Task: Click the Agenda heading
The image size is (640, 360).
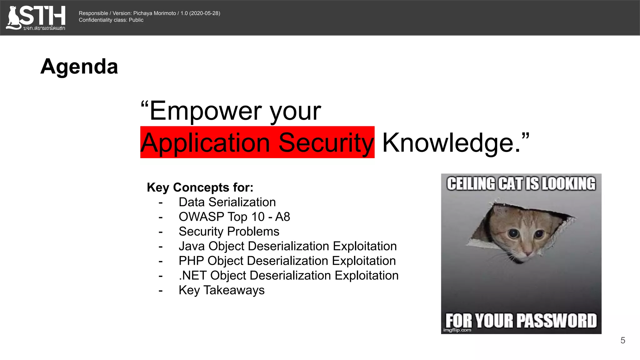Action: coord(79,67)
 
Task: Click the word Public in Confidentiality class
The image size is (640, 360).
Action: coord(136,20)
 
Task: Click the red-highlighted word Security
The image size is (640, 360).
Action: coord(326,143)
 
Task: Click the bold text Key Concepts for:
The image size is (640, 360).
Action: coord(200,187)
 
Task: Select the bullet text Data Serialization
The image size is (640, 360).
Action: coord(227,202)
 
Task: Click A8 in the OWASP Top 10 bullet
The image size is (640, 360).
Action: coord(282,217)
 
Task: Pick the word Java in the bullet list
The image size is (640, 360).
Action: coord(192,246)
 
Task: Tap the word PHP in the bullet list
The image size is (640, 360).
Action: coord(191,261)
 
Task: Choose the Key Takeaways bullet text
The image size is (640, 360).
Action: coord(222,290)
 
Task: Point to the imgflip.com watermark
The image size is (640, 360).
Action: coord(457,330)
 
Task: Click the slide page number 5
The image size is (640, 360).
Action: coord(622,340)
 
